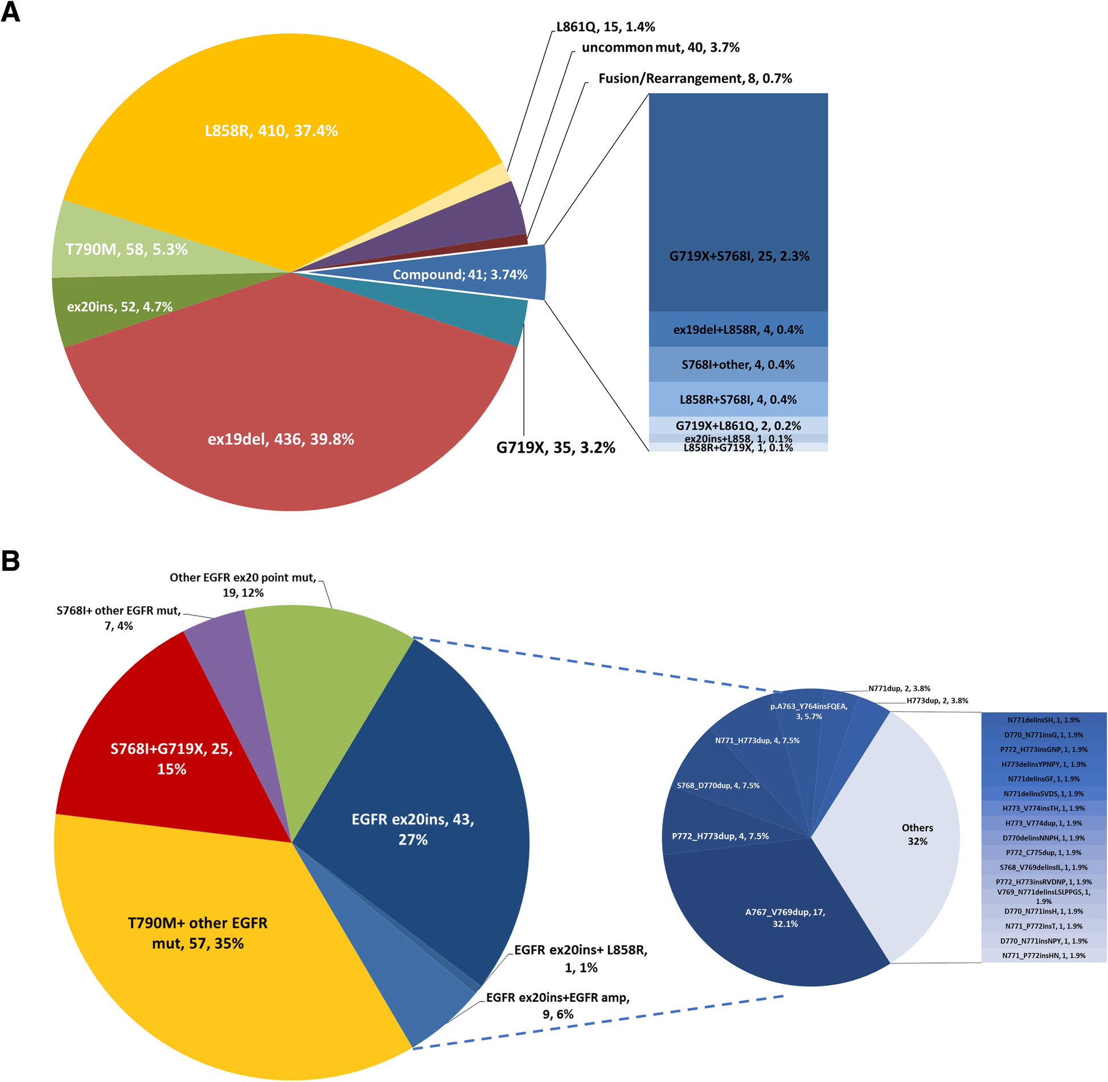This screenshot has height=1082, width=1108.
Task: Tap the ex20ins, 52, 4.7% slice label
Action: click(120, 307)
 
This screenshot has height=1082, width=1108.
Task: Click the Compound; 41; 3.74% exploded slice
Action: click(460, 274)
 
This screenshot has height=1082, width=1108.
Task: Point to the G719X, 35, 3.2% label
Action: click(555, 448)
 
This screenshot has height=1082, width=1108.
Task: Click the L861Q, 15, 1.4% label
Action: click(605, 27)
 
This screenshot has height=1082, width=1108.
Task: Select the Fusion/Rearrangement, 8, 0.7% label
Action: click(695, 78)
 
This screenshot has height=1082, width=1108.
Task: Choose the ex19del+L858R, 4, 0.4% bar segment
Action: click(738, 330)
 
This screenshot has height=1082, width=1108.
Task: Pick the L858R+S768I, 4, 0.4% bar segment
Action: click(738, 400)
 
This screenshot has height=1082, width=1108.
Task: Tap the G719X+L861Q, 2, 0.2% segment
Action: click(738, 425)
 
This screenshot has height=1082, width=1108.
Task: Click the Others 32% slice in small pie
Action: click(917, 834)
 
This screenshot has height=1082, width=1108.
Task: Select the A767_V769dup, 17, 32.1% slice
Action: click(785, 917)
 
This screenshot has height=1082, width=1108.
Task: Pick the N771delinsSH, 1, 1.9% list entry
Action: click(1043, 720)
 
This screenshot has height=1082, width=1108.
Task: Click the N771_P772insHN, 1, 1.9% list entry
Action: click(1043, 956)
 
